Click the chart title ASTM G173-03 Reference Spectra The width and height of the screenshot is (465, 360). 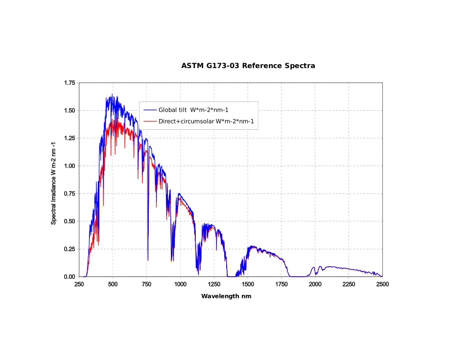coord(248,66)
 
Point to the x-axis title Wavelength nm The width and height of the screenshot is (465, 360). coord(226,296)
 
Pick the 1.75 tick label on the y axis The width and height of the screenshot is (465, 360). coord(70,83)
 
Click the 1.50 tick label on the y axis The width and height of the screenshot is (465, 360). coord(70,111)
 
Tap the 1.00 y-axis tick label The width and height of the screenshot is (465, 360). coord(70,166)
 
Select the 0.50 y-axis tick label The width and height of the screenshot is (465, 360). coord(70,221)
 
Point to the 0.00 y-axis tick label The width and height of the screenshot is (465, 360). coord(70,277)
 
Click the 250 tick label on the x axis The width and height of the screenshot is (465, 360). coord(79,285)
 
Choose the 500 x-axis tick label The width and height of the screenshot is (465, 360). coord(113,285)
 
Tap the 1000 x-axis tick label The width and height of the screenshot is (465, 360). coord(180,285)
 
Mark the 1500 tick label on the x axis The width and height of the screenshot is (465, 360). coord(248,285)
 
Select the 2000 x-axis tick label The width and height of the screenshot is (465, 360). coord(315,285)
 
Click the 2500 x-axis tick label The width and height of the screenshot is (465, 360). coord(382,285)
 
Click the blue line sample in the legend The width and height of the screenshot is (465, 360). coord(150,110)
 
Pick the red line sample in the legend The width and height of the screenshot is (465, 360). coord(150,121)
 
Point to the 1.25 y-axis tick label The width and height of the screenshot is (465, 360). coord(70,138)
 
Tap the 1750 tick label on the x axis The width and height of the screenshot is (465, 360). coord(281,285)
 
